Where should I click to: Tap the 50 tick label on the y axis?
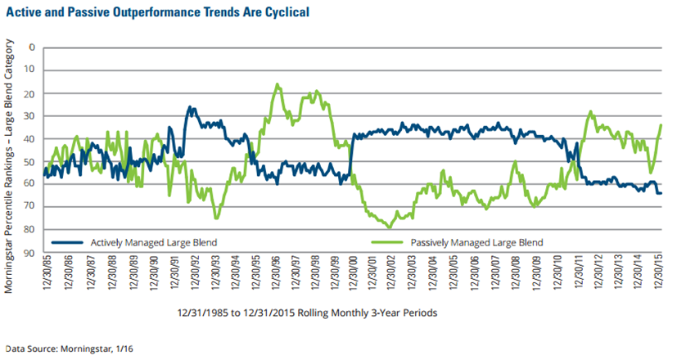coord(30,161)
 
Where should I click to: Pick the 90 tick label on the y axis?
coord(30,253)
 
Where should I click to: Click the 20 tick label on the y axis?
coord(30,92)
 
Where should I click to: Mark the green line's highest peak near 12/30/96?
coord(278,84)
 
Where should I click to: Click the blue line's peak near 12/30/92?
coord(190,106)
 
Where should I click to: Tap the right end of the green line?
coord(661,124)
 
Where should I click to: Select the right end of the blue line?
coord(661,193)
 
